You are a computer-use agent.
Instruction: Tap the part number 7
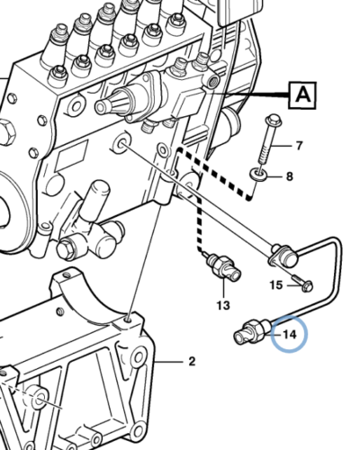pos(300,145)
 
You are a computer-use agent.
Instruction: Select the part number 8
pos(289,176)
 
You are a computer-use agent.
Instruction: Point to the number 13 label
pos(222,305)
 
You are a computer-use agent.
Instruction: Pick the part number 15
pos(277,285)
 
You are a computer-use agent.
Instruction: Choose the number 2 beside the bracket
pos(191,363)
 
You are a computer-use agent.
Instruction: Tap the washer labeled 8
pos(259,173)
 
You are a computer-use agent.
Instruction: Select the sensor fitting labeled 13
pos(223,265)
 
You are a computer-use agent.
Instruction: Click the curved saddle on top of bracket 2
pos(85,288)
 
